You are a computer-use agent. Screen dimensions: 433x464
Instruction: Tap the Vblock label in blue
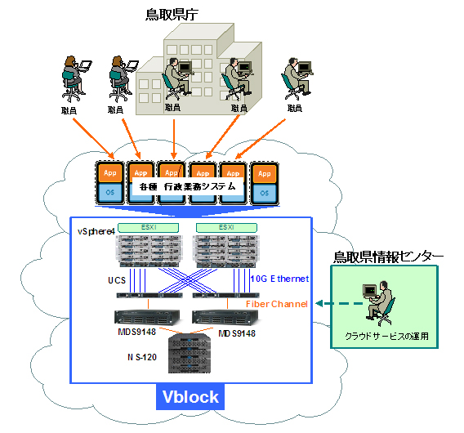[190, 397]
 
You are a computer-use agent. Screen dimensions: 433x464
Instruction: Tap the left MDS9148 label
[114, 333]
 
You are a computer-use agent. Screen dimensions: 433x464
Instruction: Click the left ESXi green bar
[149, 226]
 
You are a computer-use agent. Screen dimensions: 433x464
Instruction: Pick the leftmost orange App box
[110, 174]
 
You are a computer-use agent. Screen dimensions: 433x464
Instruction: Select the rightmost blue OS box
[263, 193]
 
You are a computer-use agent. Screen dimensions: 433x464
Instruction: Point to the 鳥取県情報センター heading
[388, 257]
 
